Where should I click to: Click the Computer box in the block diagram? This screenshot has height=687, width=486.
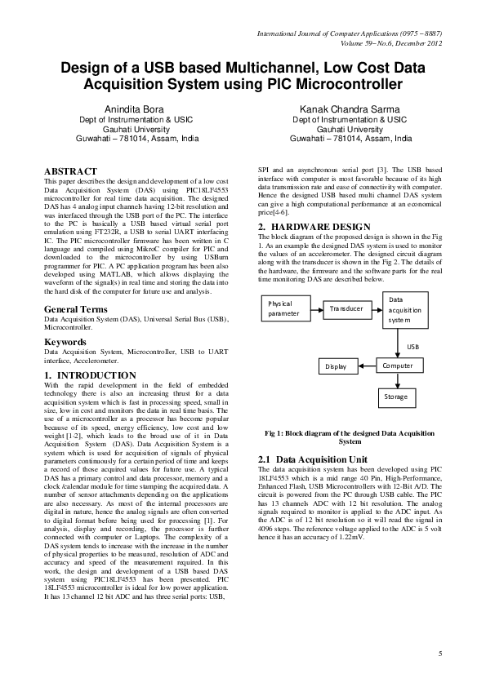tap(398, 366)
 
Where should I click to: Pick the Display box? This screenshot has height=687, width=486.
tap(337, 366)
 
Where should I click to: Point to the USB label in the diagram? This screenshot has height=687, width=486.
tap(414, 347)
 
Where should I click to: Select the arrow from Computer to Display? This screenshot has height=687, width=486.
tap(366, 366)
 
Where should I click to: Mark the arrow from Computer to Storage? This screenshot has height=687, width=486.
tap(398, 381)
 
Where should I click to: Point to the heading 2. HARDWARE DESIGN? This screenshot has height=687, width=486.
tap(314, 226)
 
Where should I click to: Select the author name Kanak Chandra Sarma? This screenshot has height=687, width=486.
tap(350, 109)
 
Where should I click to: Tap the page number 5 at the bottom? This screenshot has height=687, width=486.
tap(439, 654)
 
